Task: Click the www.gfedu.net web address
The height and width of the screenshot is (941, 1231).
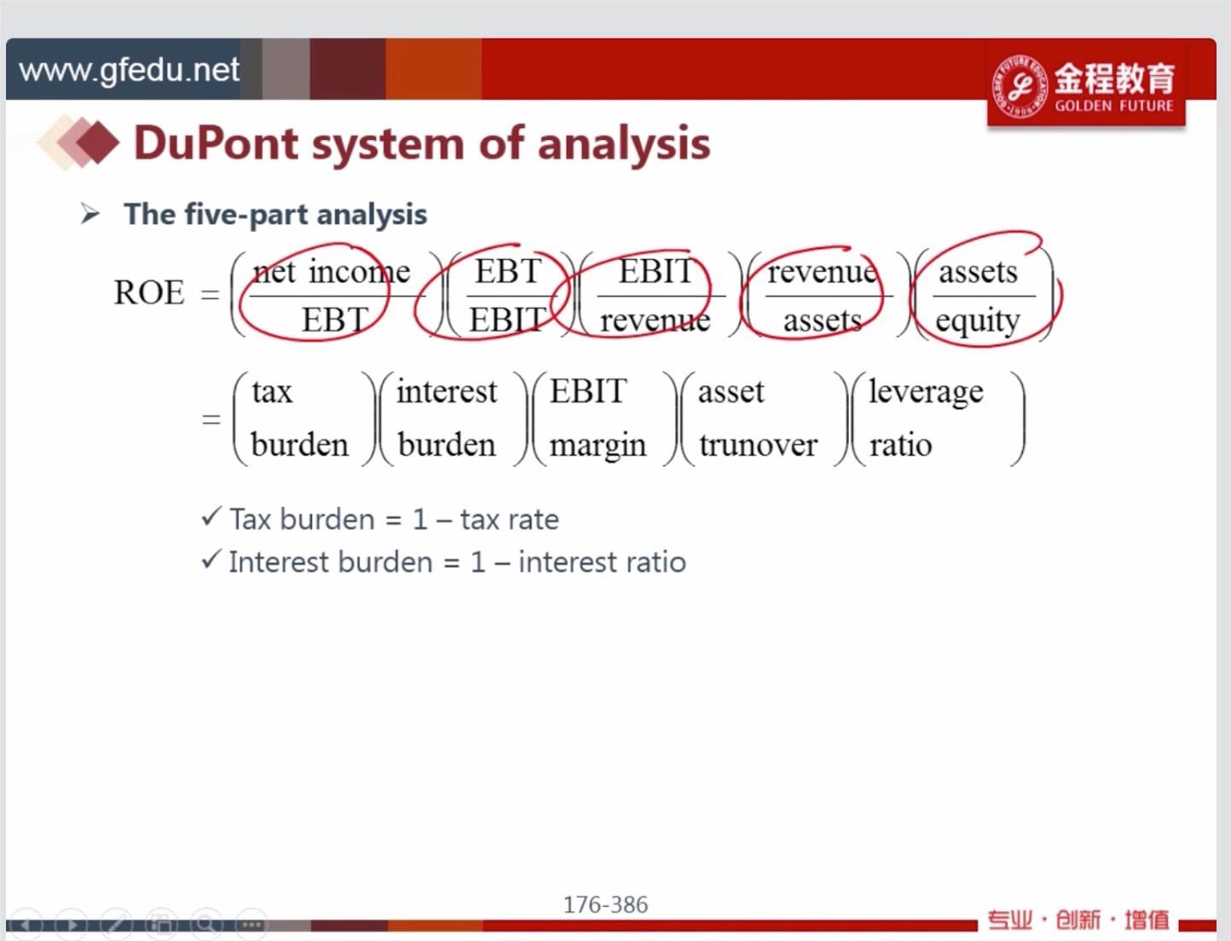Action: pyautogui.click(x=129, y=71)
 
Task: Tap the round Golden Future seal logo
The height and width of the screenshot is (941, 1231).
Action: pyautogui.click(x=1019, y=86)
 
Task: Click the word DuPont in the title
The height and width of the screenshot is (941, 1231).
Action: pyautogui.click(x=217, y=143)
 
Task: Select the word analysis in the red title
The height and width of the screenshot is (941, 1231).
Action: pyautogui.click(x=624, y=146)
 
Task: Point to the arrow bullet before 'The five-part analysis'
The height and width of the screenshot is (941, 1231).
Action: pyautogui.click(x=90, y=214)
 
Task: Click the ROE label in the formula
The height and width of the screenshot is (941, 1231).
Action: pyautogui.click(x=149, y=292)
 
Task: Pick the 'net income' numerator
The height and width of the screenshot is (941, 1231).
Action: pyautogui.click(x=332, y=272)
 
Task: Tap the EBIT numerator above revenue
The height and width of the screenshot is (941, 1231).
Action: pyautogui.click(x=655, y=271)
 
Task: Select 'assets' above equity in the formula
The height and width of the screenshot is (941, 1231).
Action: pyautogui.click(x=978, y=273)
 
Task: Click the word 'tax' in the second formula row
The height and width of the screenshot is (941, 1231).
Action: pyautogui.click(x=272, y=391)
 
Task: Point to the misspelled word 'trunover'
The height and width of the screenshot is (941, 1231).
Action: pyautogui.click(x=758, y=446)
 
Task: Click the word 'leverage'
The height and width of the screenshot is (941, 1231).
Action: pyautogui.click(x=926, y=392)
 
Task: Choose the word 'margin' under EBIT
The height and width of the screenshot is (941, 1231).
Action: pyautogui.click(x=598, y=447)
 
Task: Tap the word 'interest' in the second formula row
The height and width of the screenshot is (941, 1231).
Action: pyautogui.click(x=447, y=391)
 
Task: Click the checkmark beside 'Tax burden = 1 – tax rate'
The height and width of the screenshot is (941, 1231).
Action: pyautogui.click(x=211, y=516)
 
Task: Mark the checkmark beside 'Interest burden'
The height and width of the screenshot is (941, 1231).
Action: pyautogui.click(x=211, y=559)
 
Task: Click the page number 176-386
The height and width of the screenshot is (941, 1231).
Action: pyautogui.click(x=605, y=904)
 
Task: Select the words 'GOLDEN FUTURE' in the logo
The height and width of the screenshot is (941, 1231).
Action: pyautogui.click(x=1114, y=106)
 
